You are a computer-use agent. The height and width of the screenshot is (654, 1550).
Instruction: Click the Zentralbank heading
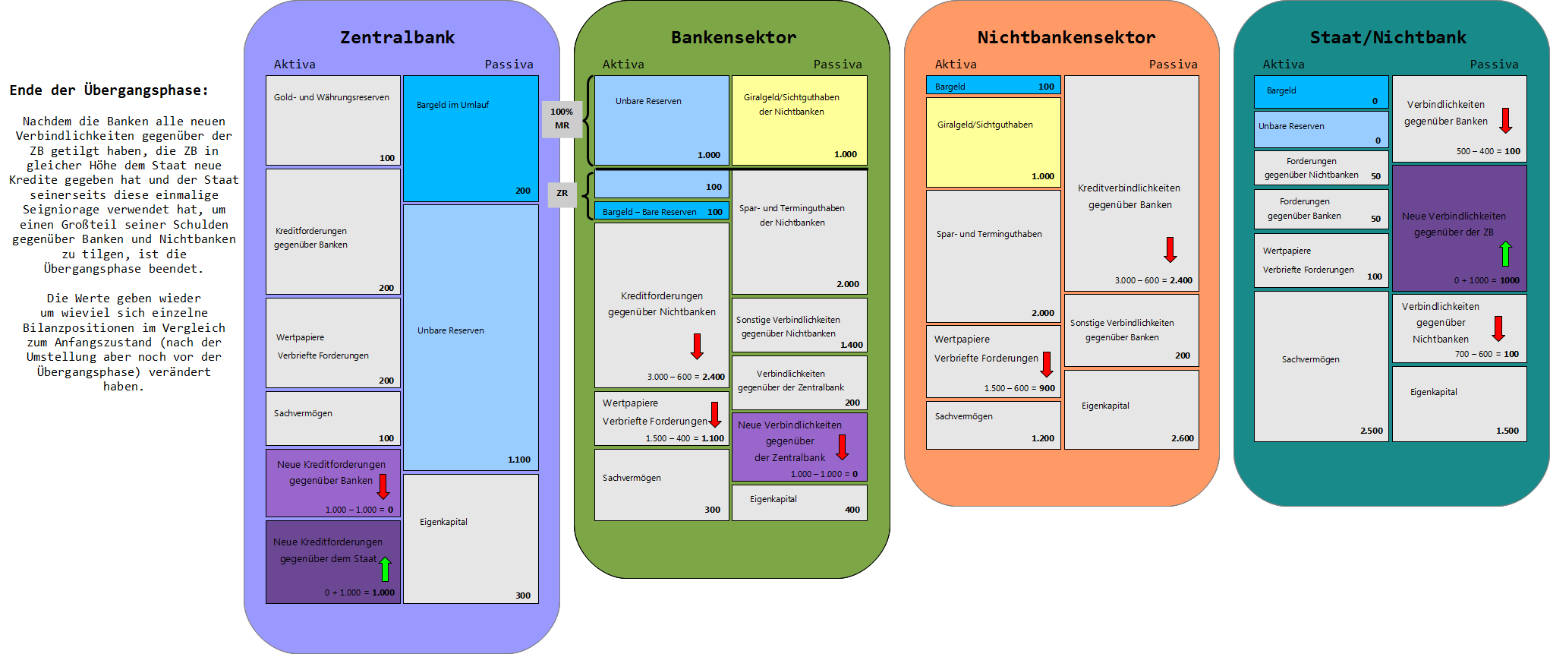[x=397, y=37]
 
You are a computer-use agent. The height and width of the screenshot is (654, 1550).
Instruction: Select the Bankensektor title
[x=733, y=37]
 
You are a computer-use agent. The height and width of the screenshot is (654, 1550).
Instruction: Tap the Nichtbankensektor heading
[x=1066, y=37]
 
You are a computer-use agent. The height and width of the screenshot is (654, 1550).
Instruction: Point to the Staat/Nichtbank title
[x=1388, y=37]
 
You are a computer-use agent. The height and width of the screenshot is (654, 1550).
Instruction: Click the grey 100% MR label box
[x=562, y=119]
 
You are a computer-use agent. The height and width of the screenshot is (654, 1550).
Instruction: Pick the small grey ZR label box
[x=562, y=194]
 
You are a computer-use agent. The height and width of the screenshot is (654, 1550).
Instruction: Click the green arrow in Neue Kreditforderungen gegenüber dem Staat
[x=385, y=568]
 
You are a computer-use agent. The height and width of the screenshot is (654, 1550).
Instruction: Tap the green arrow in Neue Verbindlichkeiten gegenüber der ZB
[x=1505, y=254]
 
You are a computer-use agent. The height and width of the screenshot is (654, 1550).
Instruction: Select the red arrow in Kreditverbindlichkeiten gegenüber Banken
[x=1170, y=249]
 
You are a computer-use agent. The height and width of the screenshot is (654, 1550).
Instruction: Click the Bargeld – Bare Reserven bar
[x=661, y=212]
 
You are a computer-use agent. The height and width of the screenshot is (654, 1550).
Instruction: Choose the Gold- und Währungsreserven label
[x=331, y=98]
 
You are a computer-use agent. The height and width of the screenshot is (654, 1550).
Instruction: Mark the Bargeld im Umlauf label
[x=452, y=105]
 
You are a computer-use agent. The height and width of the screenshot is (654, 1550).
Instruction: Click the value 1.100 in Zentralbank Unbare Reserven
[x=519, y=460]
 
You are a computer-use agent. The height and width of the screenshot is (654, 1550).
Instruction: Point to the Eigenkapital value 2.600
[x=1182, y=438]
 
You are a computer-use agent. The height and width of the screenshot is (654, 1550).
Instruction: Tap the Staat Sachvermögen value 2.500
[x=1371, y=431]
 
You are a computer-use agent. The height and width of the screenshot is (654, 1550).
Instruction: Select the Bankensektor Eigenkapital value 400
[x=852, y=510]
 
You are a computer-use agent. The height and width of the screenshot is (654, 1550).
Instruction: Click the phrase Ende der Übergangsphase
[x=109, y=90]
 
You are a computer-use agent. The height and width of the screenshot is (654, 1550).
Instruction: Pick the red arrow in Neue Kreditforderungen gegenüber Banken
[x=383, y=486]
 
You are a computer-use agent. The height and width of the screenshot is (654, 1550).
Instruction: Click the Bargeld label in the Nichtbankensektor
[x=950, y=87]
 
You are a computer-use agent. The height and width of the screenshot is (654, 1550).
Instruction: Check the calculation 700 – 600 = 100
[x=1486, y=354]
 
